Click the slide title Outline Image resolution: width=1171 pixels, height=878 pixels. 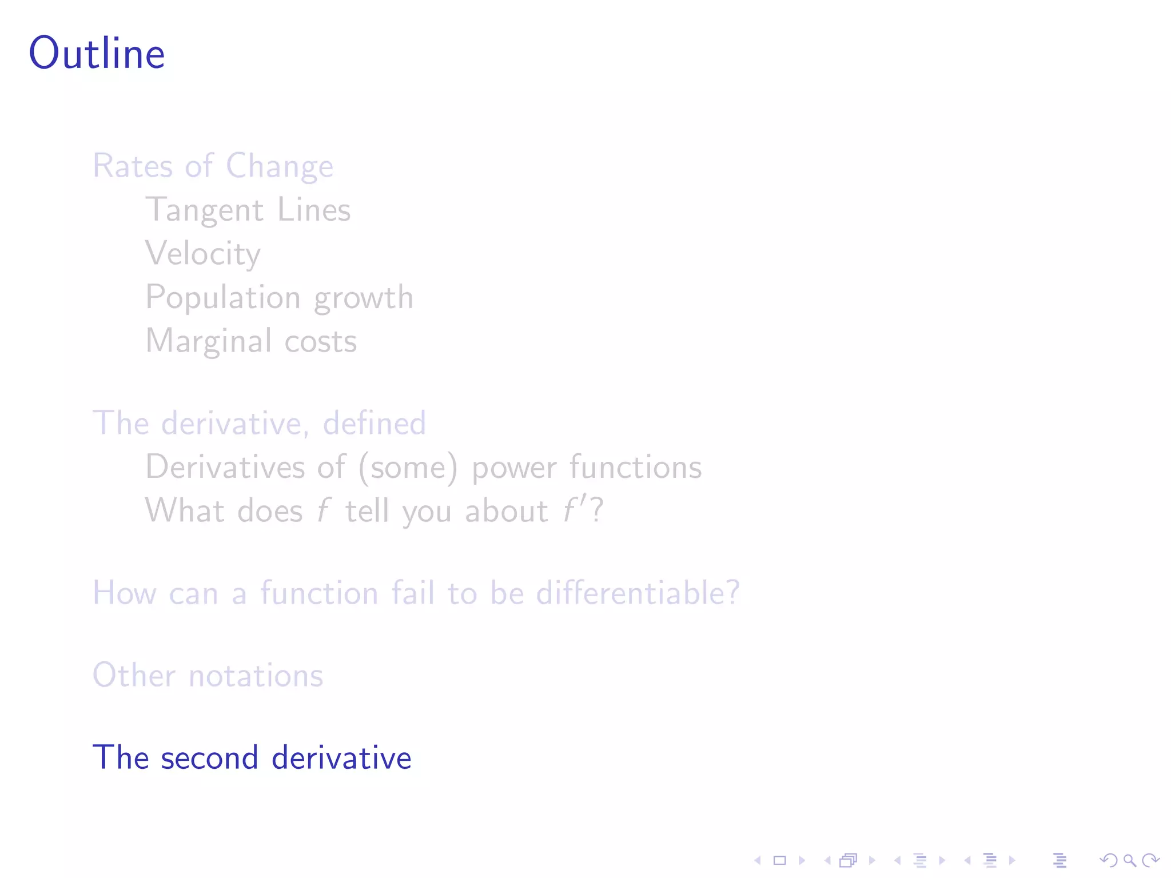pyautogui.click(x=97, y=53)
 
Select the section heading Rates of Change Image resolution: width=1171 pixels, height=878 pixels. pyautogui.click(x=213, y=166)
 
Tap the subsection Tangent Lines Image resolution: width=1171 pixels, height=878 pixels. pyautogui.click(x=248, y=210)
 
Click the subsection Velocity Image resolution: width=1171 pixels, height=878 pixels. pyautogui.click(x=203, y=253)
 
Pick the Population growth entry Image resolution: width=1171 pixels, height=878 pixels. pyautogui.click(x=279, y=298)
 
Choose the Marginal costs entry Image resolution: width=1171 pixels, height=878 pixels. pyautogui.click(x=251, y=341)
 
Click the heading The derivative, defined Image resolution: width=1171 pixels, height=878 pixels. pyautogui.click(x=259, y=424)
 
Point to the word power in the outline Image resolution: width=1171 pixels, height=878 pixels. pyautogui.click(x=513, y=468)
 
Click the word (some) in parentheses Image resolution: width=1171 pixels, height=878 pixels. pyautogui.click(x=408, y=468)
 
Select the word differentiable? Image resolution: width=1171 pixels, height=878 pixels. pyautogui.click(x=638, y=593)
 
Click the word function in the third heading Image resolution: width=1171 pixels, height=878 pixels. pyautogui.click(x=319, y=593)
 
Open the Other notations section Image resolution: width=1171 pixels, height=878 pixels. pyautogui.click(x=208, y=676)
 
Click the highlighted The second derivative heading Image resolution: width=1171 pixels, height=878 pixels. pyautogui.click(x=252, y=758)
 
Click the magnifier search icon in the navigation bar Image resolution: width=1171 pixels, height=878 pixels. pyautogui.click(x=1129, y=860)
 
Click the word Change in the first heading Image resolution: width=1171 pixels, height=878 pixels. pyautogui.click(x=279, y=166)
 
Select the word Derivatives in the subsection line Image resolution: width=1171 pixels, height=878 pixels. pyautogui.click(x=225, y=467)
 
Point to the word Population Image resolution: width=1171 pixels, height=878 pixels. pyautogui.click(x=223, y=298)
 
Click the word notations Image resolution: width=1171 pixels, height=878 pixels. pyautogui.click(x=256, y=676)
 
